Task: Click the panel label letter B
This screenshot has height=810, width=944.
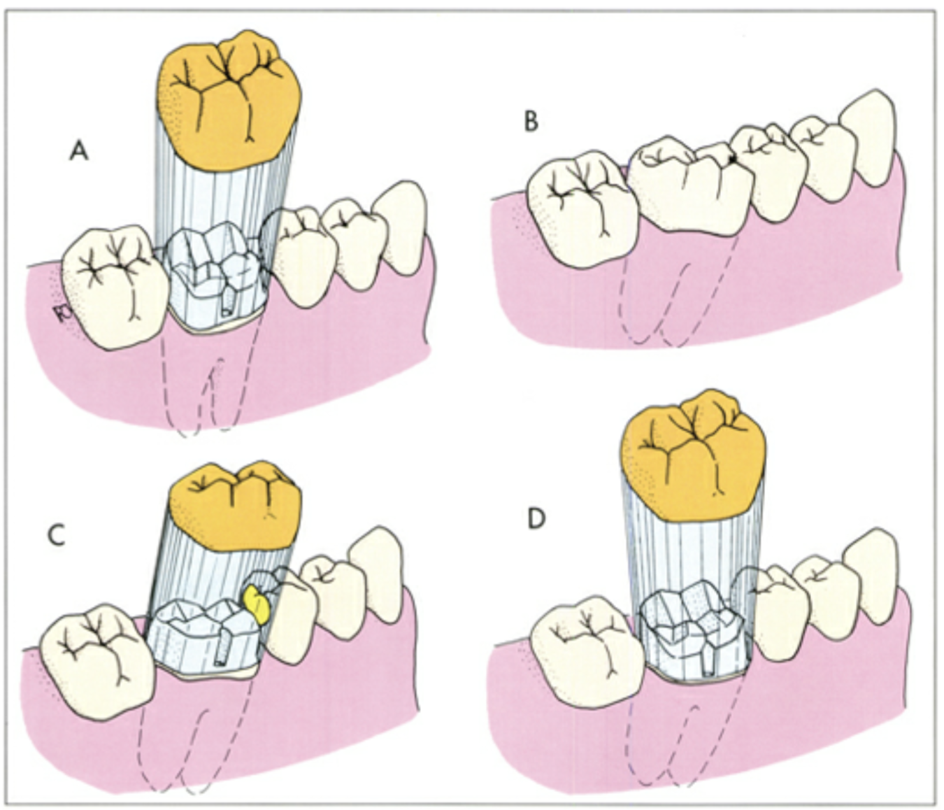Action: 531,122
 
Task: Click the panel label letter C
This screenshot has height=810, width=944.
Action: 56,535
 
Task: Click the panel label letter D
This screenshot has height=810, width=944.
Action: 536,520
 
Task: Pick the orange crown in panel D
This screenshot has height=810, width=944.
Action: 689,450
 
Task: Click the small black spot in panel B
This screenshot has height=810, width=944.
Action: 731,160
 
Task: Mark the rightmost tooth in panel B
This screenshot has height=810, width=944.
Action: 868,143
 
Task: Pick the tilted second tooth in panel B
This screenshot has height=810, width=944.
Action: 689,185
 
